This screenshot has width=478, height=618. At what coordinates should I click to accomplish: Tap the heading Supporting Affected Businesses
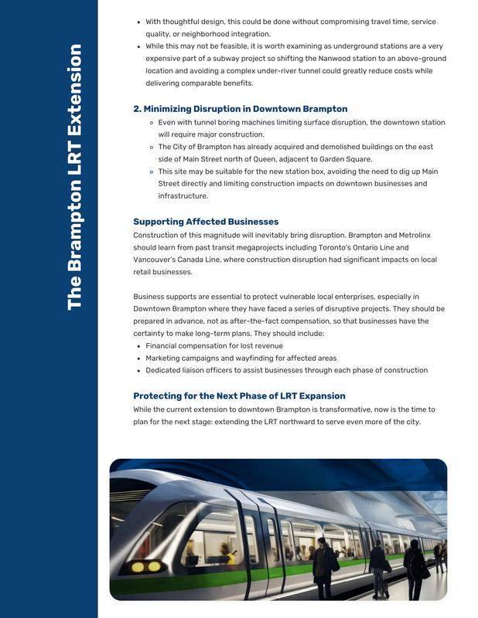pos(206,222)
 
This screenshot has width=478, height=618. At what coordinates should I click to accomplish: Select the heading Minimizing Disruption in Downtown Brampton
pos(240,109)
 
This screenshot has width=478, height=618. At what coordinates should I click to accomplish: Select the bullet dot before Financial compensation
pos(138,346)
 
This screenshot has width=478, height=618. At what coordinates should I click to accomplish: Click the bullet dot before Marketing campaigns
pos(138,358)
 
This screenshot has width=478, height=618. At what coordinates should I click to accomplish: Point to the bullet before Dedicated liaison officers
pos(138,371)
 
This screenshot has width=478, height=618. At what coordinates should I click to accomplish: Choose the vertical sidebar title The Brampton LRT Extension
pos(74,178)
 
